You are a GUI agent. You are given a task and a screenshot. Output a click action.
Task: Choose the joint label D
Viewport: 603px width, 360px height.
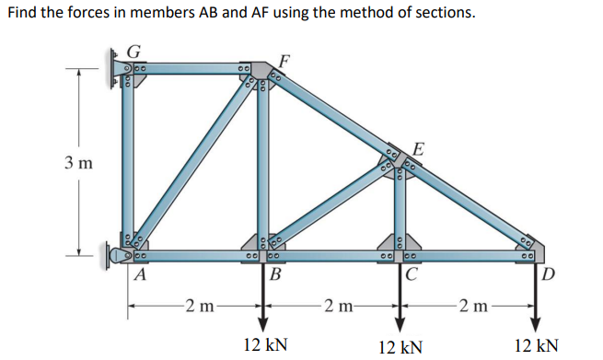pos(550,273)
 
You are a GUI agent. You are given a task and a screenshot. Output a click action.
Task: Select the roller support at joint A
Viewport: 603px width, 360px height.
pos(118,253)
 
